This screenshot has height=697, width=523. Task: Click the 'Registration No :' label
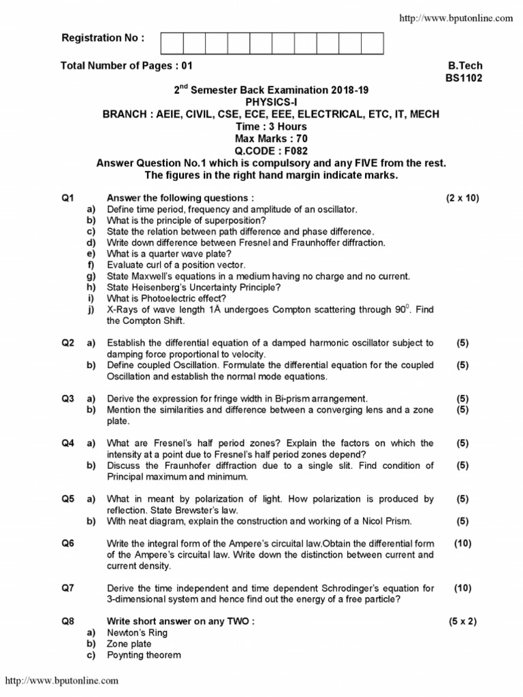[x=103, y=38]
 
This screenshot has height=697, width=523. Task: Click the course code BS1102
[x=464, y=78]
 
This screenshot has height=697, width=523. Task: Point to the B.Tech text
[x=465, y=66]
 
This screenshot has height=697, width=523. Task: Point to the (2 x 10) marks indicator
[x=462, y=198]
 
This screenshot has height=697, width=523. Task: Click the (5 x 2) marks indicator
[x=462, y=621]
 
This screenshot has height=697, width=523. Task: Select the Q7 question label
[x=67, y=588]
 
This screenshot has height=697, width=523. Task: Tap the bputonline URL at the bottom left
[x=62, y=680]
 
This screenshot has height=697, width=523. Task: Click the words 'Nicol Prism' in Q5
[x=387, y=521]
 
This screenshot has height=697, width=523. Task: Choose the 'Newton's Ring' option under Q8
[x=137, y=632]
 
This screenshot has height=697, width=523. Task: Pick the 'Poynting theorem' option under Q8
[x=144, y=655]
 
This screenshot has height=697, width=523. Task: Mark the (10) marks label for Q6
[x=462, y=543]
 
